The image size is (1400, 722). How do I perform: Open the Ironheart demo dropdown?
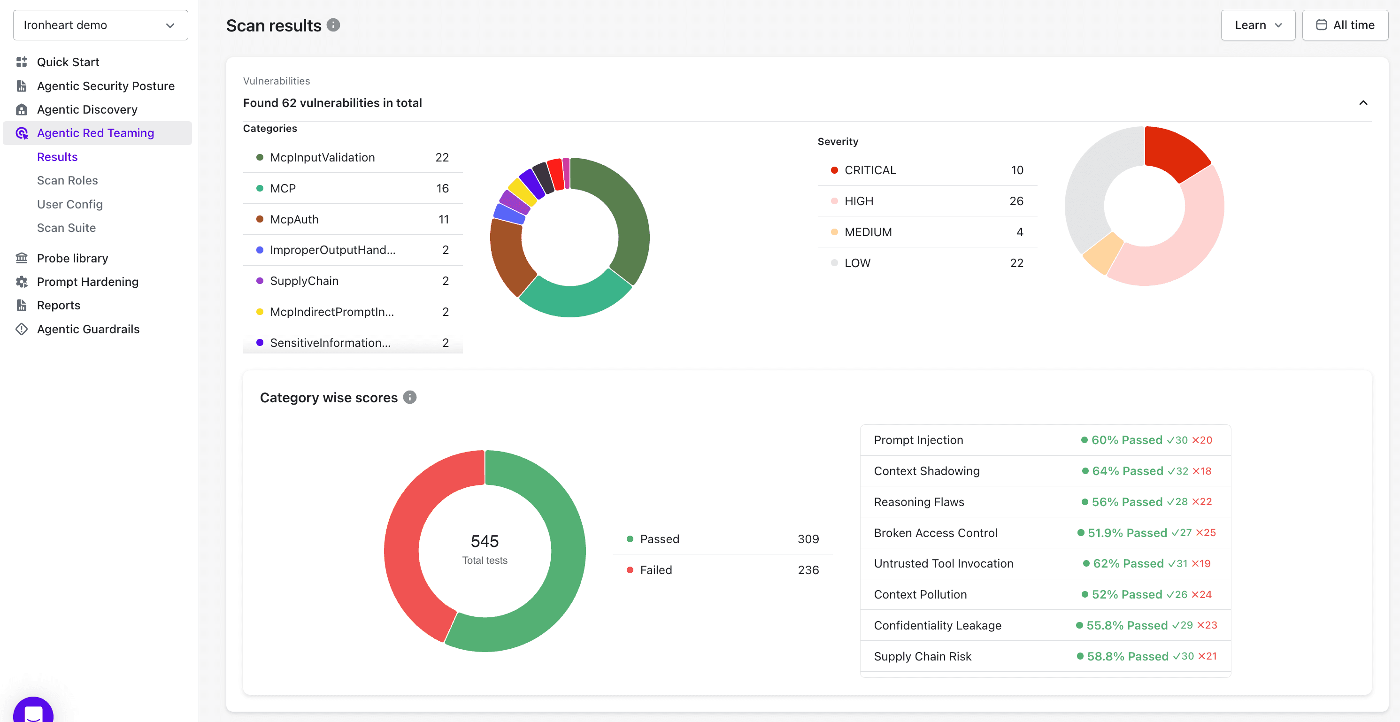click(100, 25)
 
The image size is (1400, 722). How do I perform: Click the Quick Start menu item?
click(68, 62)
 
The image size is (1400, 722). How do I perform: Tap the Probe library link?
click(72, 258)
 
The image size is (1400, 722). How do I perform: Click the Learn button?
click(1257, 25)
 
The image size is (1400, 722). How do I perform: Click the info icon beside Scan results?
click(333, 25)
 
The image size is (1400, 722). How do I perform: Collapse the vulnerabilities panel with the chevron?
click(1362, 103)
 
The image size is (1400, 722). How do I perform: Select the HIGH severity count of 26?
click(1016, 201)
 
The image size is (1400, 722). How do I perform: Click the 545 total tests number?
click(484, 541)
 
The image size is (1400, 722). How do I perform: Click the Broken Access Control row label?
click(935, 533)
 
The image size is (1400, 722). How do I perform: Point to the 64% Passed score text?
click(1127, 471)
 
